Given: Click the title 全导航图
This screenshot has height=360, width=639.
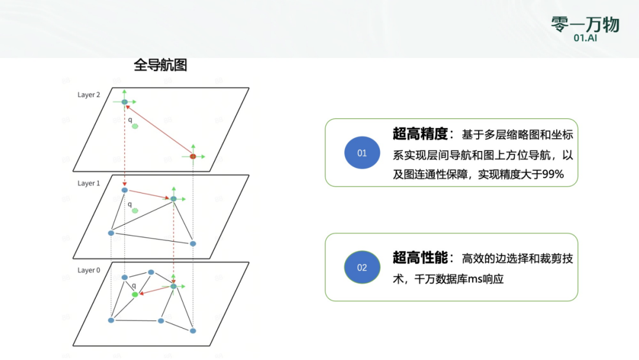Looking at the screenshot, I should coord(160,65).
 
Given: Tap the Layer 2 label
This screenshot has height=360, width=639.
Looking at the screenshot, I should coord(89,95).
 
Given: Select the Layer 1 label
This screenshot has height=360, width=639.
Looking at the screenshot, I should coord(89,184).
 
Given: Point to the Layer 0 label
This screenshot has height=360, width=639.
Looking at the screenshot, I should coord(89,271).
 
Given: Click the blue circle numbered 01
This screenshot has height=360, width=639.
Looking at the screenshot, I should coord(362,153).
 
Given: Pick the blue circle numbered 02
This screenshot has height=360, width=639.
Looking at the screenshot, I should coord(362,268).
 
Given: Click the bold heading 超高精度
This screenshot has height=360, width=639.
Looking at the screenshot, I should coord(419,134).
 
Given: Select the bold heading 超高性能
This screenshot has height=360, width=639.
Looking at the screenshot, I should coord(419,258).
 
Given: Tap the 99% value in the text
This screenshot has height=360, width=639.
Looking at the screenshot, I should coord(552,175).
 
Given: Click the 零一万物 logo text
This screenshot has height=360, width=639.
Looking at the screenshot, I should coord(585,24).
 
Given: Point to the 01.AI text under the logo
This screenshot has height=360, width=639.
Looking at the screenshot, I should coord(585,38).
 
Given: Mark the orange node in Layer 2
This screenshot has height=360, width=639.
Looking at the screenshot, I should coord(193,156).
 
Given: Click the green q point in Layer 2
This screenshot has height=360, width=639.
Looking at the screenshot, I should coord(135,126).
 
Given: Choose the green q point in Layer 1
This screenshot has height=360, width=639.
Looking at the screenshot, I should coord(135,210).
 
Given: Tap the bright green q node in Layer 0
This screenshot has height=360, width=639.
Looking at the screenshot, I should coord(135,294).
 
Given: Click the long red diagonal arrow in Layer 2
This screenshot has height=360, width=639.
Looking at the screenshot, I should coord(159,129).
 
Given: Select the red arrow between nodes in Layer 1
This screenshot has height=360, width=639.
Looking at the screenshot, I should coord(149,194).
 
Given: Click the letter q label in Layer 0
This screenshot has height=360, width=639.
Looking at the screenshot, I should coord(134,285).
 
